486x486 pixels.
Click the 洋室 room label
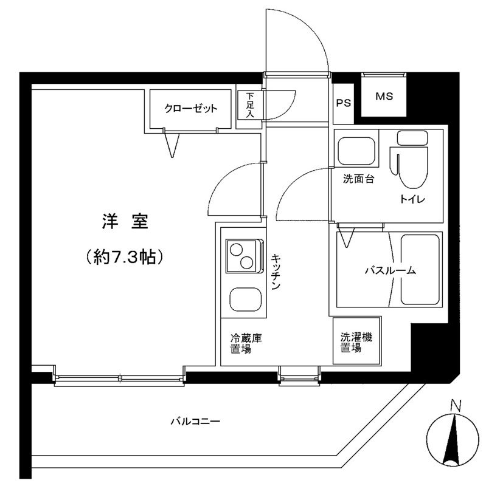tap(125, 222)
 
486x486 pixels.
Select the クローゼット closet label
tap(190, 109)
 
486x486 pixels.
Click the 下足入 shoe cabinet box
tap(249, 106)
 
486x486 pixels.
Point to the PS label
tap(344, 103)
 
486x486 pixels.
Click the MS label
tap(383, 97)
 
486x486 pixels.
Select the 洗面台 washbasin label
tap(358, 179)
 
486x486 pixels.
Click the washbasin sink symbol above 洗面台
tap(358, 152)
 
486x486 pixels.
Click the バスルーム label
tap(390, 271)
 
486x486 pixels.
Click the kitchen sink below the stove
tap(244, 299)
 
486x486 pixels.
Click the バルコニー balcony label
tap(195, 420)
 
